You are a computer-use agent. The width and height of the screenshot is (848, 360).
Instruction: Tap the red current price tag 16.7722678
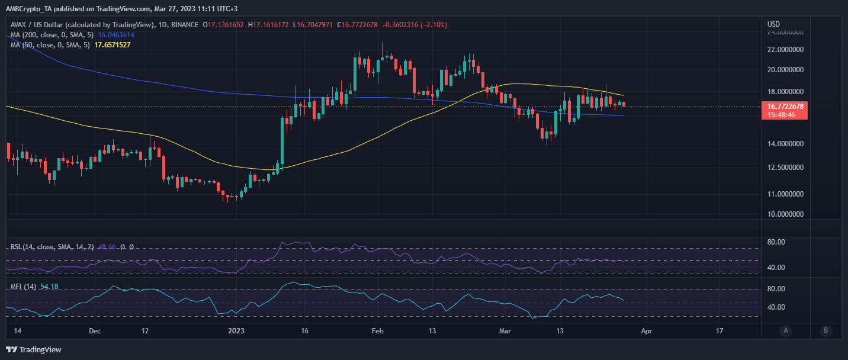click(x=785, y=107)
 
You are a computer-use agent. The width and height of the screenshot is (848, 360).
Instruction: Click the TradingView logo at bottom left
click(x=34, y=349)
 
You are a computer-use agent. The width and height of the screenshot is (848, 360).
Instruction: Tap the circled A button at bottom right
click(x=786, y=330)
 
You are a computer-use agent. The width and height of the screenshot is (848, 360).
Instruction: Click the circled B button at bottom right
click(x=825, y=330)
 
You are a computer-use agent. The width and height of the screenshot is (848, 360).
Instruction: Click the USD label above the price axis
click(x=773, y=24)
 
